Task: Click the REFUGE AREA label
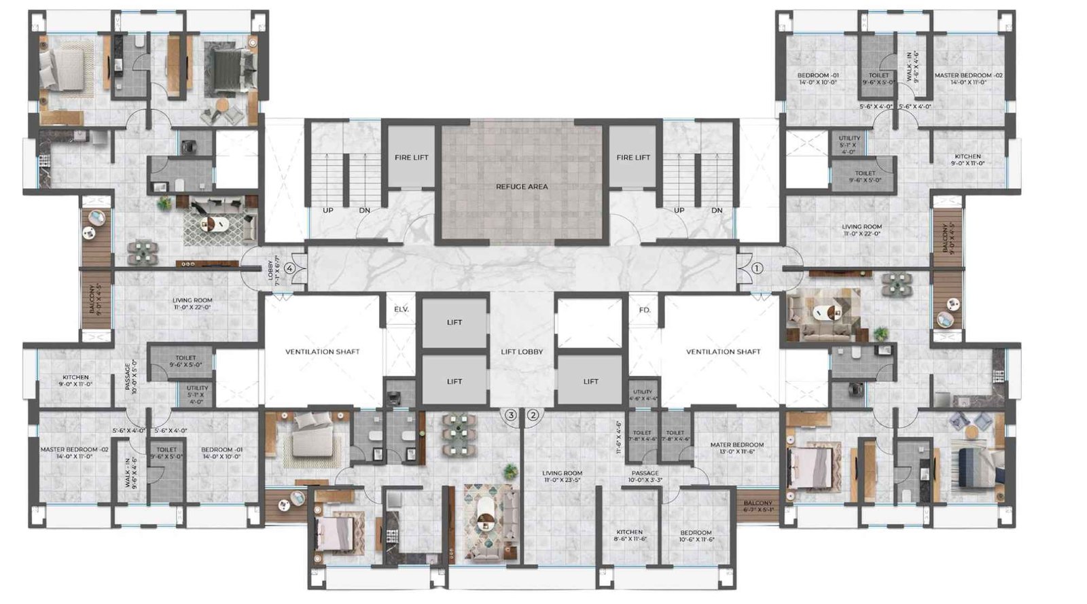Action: (x=521, y=186)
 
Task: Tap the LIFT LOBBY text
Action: (x=522, y=351)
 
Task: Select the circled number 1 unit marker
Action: (x=758, y=268)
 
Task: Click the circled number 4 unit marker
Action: (x=290, y=268)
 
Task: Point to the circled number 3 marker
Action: (x=511, y=414)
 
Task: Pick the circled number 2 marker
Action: (x=533, y=414)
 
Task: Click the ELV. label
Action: (x=401, y=309)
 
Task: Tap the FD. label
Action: (x=645, y=310)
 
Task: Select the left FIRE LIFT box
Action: (x=412, y=157)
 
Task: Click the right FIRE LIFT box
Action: (x=633, y=157)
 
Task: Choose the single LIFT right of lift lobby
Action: (x=590, y=381)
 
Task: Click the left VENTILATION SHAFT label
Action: (x=322, y=351)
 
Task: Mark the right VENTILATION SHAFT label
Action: (x=723, y=351)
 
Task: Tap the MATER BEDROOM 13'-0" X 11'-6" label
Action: (x=736, y=448)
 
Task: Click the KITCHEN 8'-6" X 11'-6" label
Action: (x=629, y=535)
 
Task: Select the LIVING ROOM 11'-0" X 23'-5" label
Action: (x=563, y=476)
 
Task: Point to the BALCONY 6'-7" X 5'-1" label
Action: (x=758, y=506)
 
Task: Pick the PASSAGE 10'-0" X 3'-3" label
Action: (x=645, y=476)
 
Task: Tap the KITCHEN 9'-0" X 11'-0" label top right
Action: (x=967, y=160)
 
